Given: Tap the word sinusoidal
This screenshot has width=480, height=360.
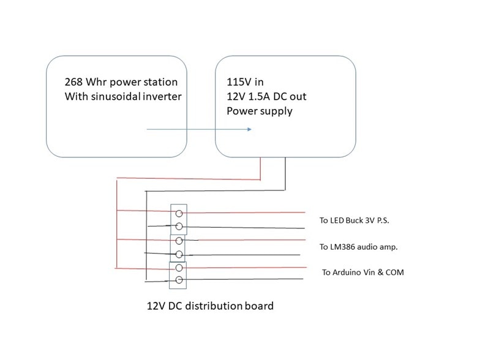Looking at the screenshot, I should [116, 97].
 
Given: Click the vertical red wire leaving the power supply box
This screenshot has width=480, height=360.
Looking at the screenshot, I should [261, 168].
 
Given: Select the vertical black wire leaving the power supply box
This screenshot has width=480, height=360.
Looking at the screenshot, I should [284, 172].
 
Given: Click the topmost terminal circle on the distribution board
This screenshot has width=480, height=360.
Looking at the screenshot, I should [179, 214].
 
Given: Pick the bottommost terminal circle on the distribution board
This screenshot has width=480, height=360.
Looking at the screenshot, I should [179, 280].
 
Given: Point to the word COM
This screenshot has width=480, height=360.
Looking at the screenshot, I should [392, 272].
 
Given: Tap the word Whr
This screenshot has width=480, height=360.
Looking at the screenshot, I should [100, 81].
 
